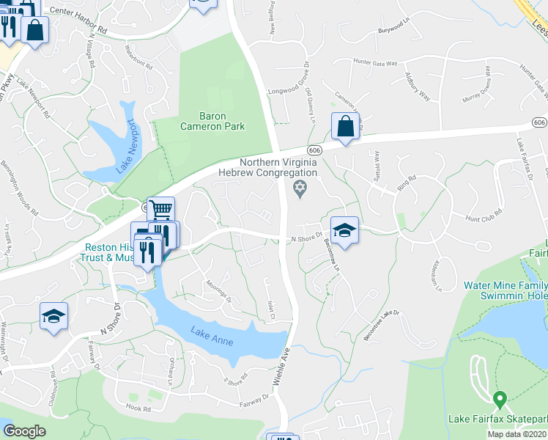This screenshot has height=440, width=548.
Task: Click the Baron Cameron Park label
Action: click(x=212, y=121)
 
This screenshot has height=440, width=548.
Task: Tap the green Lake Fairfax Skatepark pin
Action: click(x=500, y=400)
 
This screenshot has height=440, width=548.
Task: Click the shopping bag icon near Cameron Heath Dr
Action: click(x=345, y=126)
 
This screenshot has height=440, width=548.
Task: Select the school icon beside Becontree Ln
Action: click(x=344, y=231)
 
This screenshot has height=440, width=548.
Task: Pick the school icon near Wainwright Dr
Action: click(x=53, y=316)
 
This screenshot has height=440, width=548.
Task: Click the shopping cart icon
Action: click(x=160, y=210)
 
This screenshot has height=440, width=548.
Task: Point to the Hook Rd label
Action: click(x=138, y=408)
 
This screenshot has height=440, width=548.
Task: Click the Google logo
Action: click(x=24, y=431)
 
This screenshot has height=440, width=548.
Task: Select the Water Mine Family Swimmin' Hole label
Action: click(x=504, y=290)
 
